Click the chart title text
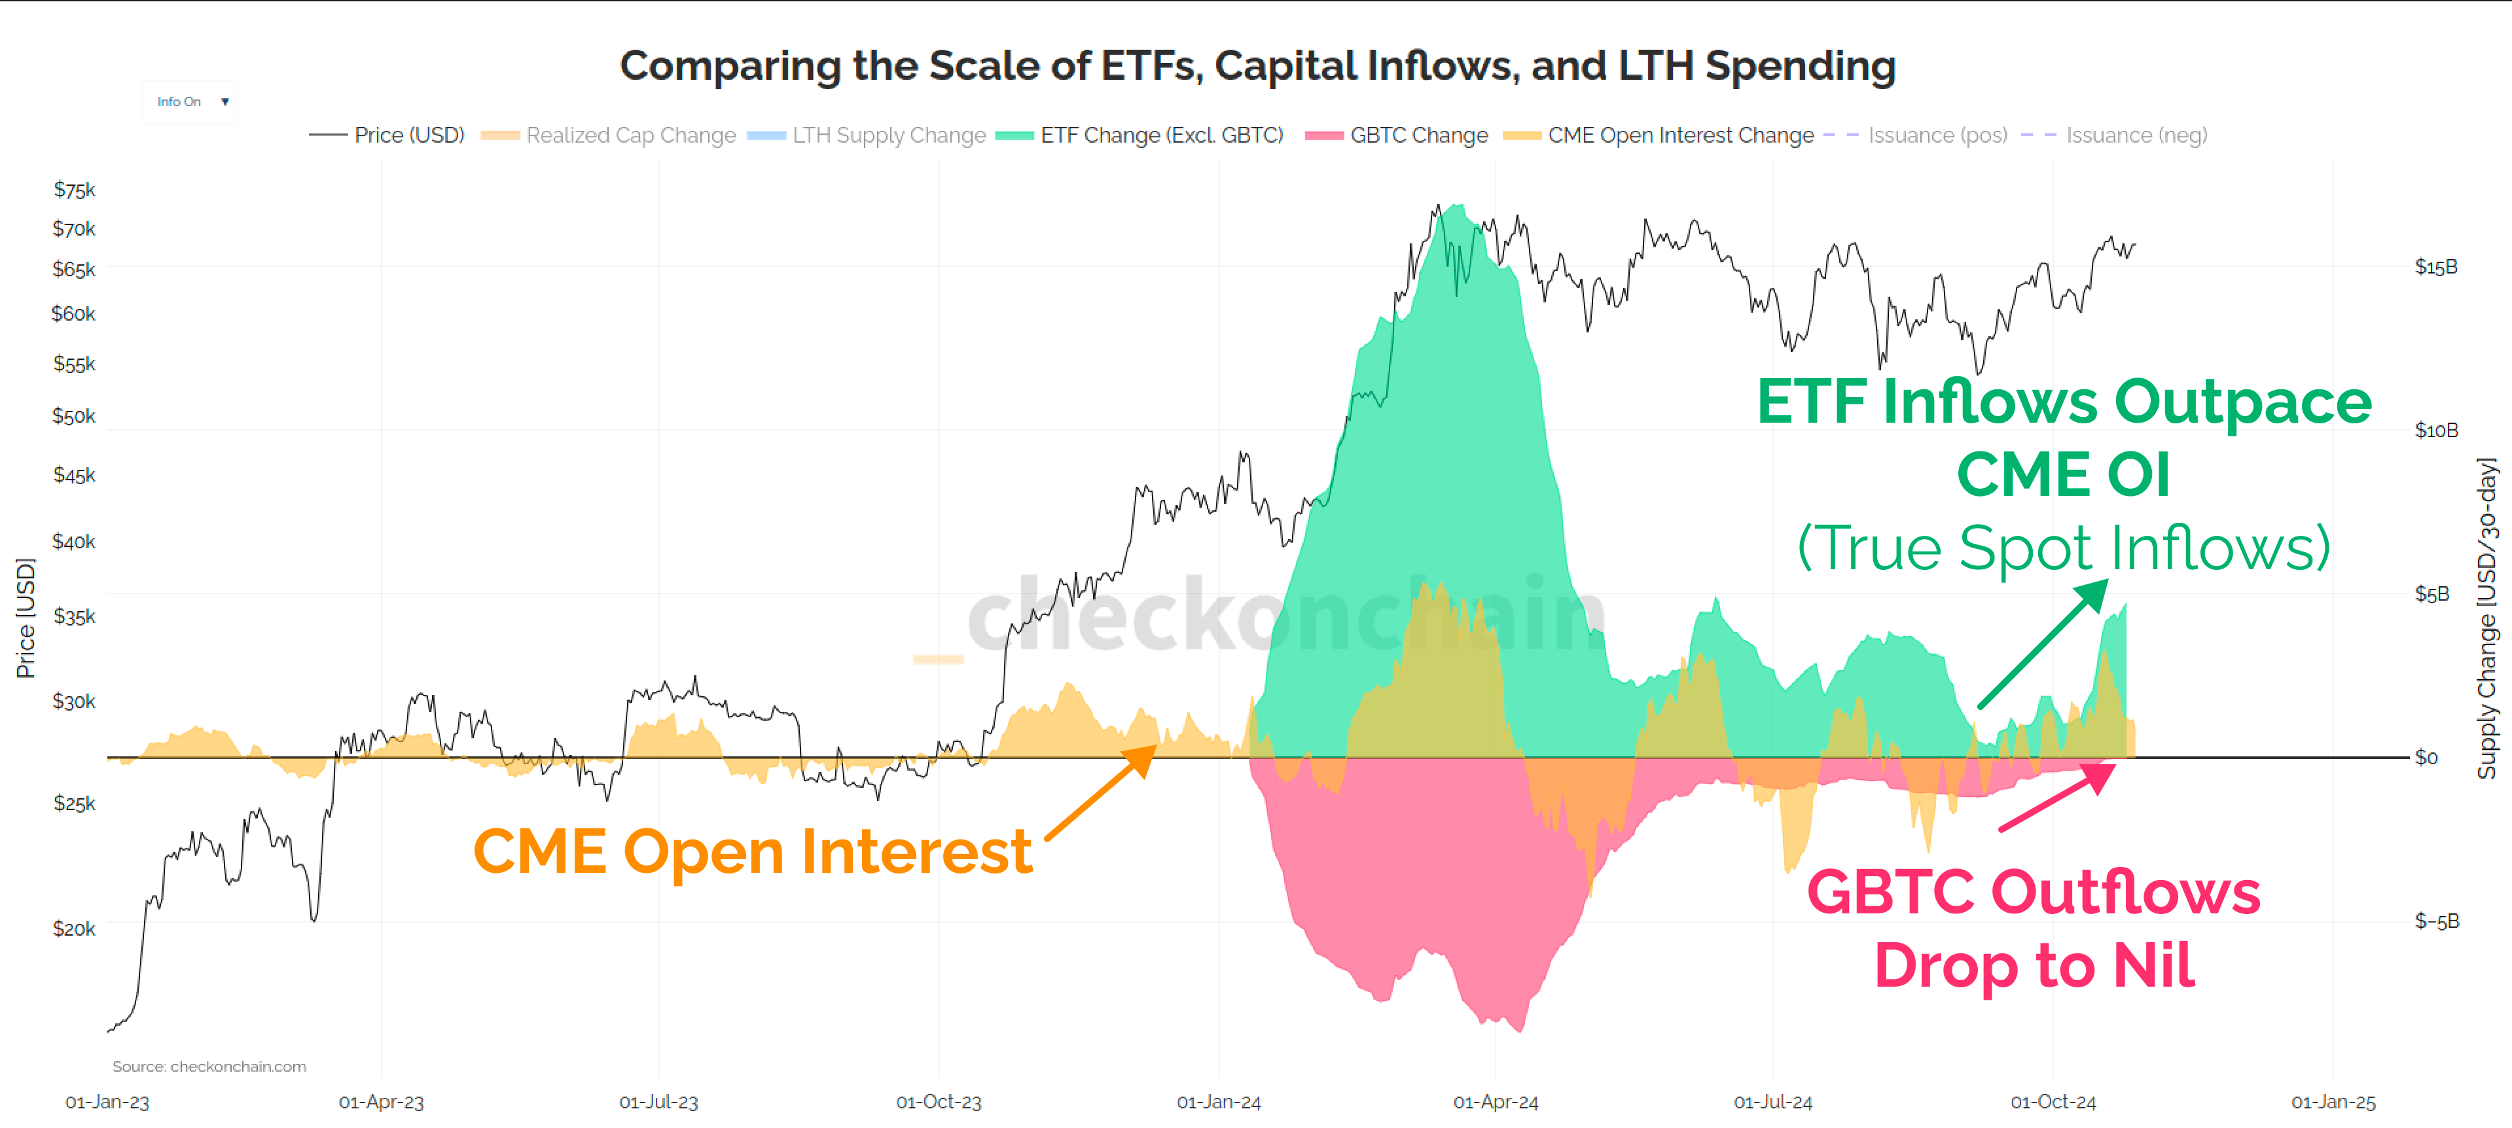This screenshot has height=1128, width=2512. coord(1257,66)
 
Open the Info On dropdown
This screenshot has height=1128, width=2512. coord(191,101)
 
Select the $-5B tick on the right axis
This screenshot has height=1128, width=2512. coord(2436,921)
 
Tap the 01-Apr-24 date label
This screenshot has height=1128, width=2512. coord(1495,1102)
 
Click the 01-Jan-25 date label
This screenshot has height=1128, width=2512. coord(2333,1102)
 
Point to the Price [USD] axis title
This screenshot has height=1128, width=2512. coord(26,617)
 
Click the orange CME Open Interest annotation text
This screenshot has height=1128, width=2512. coord(752,851)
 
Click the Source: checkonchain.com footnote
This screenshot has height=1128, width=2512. coord(209,1066)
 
